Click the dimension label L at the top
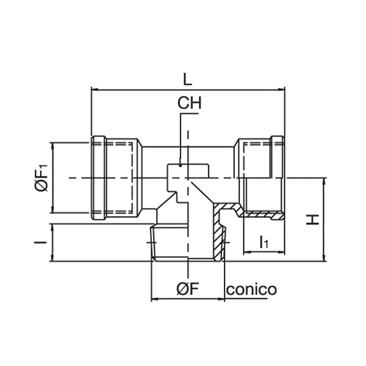[x=187, y=78]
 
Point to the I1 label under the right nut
[x=264, y=242]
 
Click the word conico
[x=251, y=289]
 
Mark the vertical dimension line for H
[x=323, y=220]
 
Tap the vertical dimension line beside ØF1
[x=54, y=178]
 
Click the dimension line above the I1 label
[x=264, y=252]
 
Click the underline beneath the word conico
[x=251, y=299]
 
